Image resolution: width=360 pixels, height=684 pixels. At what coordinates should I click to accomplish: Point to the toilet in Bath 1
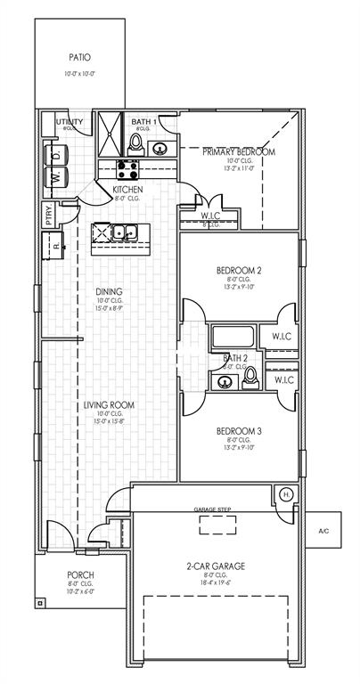161,148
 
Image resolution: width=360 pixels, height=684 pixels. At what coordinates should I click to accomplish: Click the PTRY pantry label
47,214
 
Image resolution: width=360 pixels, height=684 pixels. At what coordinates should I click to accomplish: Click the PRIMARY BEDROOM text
238,152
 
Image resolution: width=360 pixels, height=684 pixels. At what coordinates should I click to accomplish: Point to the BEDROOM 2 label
238,270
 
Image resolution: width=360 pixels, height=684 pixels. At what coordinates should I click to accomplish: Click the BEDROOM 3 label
238,433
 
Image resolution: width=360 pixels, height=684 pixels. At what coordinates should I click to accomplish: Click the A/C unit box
323,531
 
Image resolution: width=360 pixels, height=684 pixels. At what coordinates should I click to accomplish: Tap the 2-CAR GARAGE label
216,566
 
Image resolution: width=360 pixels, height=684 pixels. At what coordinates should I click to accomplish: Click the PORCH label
80,575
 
